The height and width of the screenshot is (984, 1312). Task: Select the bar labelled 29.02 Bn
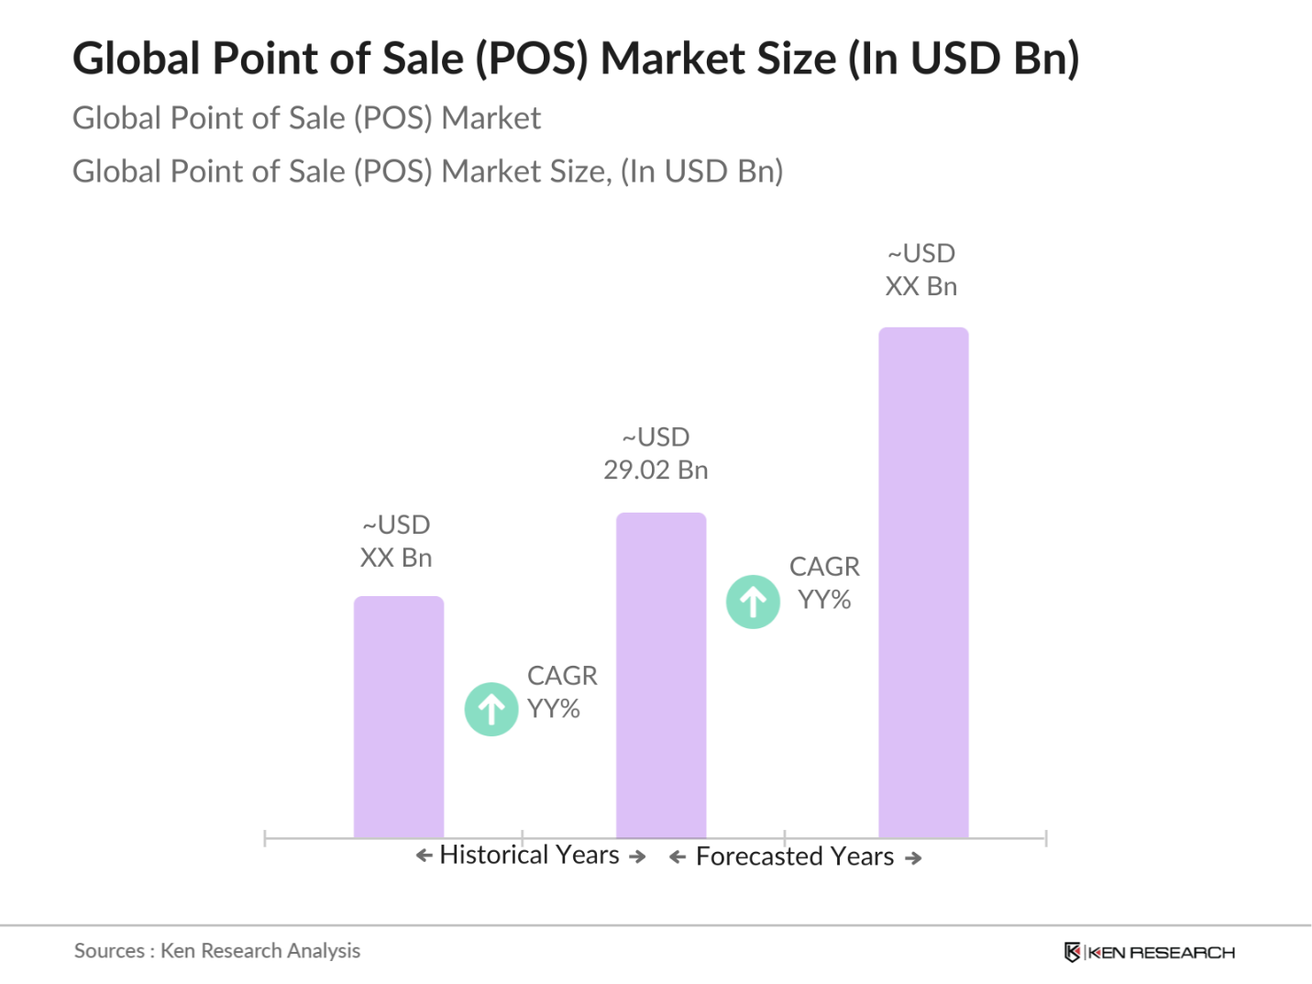coord(661,675)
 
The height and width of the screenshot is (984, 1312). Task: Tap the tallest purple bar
coord(923,582)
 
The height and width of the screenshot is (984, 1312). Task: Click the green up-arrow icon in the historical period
coord(491,709)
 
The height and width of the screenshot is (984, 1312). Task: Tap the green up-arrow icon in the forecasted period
coord(753,602)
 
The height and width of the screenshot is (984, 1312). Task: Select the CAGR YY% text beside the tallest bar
coord(824,583)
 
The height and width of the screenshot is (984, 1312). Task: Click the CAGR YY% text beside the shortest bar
coord(561,692)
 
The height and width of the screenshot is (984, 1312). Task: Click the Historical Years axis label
coord(530,856)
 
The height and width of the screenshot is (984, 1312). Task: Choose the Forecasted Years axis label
coord(795,857)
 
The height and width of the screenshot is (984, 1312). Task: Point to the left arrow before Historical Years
coord(424,856)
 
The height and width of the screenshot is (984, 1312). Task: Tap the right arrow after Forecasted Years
coord(913,858)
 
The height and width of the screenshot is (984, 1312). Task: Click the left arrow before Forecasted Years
coord(678,857)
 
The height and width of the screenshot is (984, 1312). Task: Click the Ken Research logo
coord(1149,952)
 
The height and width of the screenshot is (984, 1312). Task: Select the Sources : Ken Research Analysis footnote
coord(217,951)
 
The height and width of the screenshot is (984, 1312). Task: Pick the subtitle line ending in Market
coord(307,118)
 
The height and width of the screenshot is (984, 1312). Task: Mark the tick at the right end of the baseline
coord(1045,837)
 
